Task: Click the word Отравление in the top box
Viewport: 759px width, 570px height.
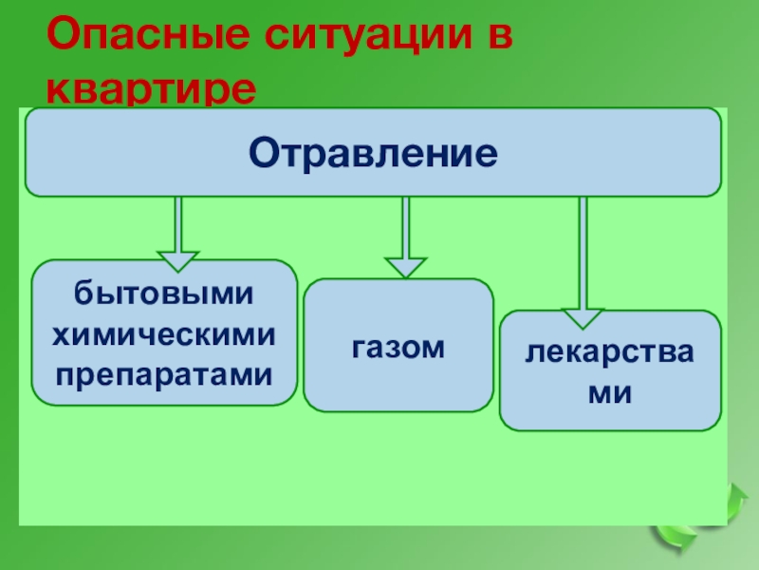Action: point(373,153)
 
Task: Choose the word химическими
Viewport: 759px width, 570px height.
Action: point(164,333)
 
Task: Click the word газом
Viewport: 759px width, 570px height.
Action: point(398,348)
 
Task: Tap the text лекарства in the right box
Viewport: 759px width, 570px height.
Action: point(610,353)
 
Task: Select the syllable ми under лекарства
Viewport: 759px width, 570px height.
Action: point(610,391)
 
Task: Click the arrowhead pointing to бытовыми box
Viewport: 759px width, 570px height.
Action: point(177,260)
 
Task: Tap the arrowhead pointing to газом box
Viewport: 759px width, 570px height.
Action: point(405,266)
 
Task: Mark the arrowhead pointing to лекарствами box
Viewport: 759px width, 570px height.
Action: point(582,317)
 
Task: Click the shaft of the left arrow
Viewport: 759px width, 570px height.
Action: point(177,223)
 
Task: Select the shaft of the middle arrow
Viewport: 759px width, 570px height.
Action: point(405,226)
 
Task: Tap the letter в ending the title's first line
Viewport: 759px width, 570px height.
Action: point(499,37)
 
